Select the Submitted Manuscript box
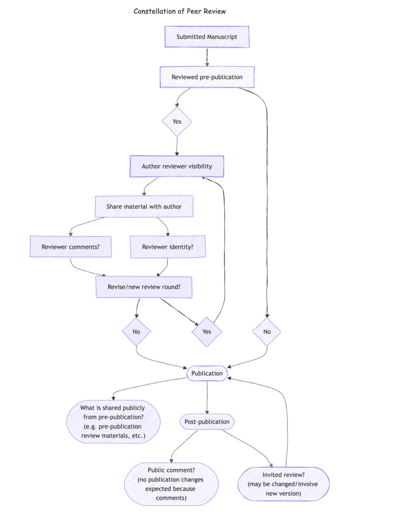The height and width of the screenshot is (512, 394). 207,37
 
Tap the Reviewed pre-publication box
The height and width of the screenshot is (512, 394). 207,77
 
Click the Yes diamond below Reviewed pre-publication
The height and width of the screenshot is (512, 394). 177,121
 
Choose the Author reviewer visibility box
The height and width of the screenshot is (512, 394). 176,166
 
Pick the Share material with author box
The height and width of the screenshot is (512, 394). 144,206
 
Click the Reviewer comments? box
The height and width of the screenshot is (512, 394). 70,246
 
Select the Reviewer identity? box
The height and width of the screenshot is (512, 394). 167,246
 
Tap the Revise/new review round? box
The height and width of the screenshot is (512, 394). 144,287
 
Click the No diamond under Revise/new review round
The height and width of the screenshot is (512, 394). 136,331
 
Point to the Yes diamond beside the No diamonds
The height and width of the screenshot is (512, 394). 206,331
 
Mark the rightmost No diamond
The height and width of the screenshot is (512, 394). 267,331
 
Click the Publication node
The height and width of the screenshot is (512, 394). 207,373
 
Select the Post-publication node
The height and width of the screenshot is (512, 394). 207,421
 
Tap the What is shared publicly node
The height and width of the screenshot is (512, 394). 113,422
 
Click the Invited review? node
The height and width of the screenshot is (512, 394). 283,483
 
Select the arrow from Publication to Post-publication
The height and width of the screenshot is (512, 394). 207,397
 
